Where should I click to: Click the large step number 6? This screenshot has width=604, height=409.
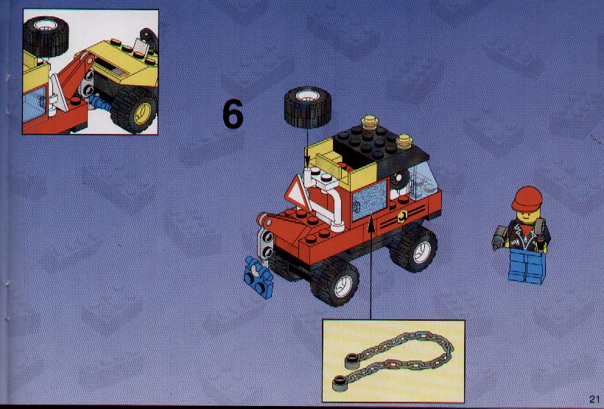click(233, 114)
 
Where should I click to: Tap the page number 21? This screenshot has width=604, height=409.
click(594, 399)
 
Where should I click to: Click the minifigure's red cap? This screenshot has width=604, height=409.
click(527, 199)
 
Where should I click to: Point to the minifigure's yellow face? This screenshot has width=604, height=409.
click(526, 216)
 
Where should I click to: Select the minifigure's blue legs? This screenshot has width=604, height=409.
click(527, 266)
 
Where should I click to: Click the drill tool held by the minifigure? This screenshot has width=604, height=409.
click(499, 236)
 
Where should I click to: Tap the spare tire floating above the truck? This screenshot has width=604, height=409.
click(307, 107)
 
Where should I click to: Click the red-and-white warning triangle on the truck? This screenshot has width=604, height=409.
click(298, 192)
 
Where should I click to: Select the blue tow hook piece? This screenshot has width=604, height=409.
click(259, 277)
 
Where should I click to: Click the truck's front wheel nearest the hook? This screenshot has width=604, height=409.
click(334, 281)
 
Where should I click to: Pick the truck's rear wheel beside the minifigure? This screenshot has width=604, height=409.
click(414, 248)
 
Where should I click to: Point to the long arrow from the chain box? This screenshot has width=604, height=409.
click(371, 268)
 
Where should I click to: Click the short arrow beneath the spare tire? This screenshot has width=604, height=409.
click(307, 147)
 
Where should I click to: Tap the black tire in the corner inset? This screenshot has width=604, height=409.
click(46, 37)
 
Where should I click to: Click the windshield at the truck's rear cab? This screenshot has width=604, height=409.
click(423, 180)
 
